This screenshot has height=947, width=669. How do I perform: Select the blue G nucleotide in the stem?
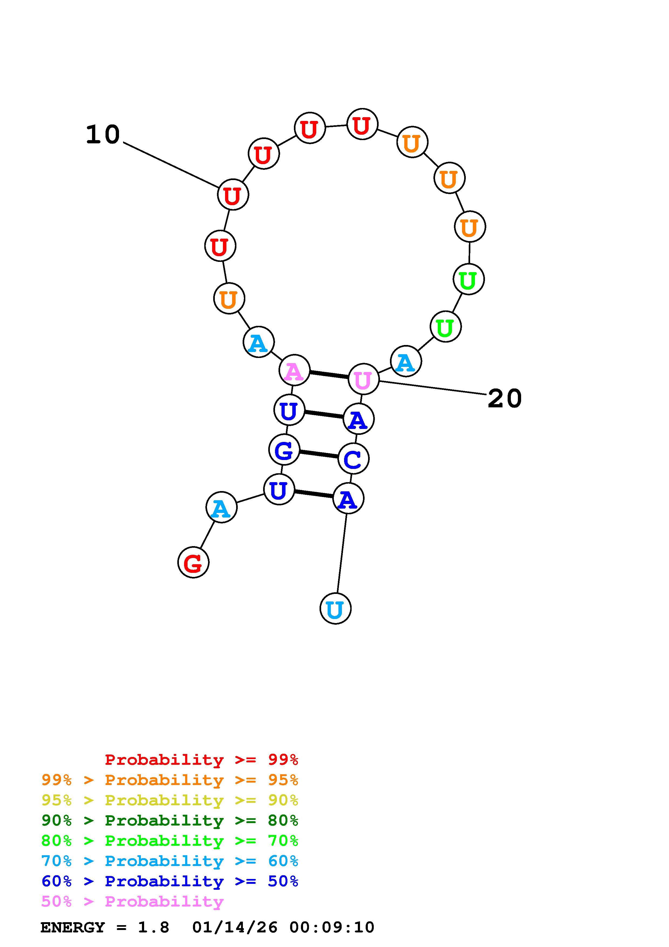[284, 450]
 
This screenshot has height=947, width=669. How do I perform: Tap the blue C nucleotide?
[353, 459]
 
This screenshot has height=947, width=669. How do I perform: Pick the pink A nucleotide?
[294, 370]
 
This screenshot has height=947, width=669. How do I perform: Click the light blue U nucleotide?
[335, 608]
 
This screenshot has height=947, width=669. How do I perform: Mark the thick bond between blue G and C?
[319, 454]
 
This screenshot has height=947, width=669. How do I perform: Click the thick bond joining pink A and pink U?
[329, 374]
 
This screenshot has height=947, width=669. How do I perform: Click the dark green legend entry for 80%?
[169, 820]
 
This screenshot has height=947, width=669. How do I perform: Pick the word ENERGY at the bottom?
[73, 928]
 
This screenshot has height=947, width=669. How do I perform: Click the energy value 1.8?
[153, 928]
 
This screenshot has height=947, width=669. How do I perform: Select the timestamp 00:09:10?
[332, 928]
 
